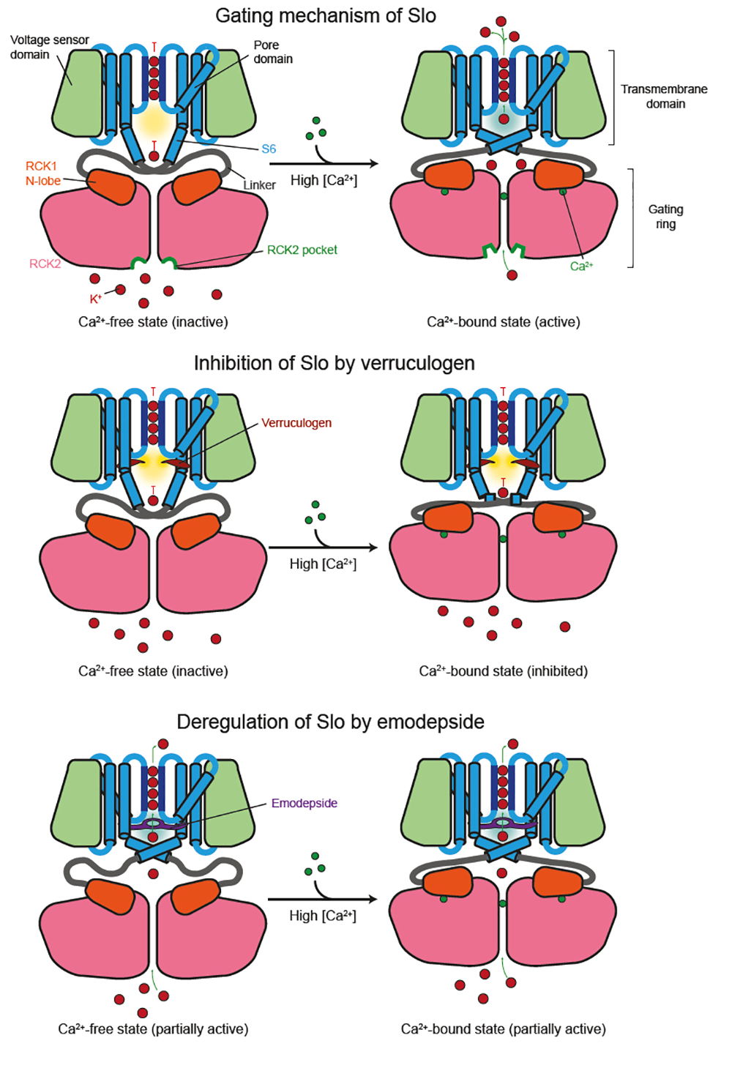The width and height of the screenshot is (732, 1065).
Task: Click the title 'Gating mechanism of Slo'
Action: click(x=325, y=15)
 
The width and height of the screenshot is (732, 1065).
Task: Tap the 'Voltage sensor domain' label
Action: click(x=49, y=47)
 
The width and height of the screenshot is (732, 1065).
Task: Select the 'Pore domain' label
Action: click(x=272, y=51)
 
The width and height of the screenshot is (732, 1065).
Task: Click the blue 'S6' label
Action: click(x=269, y=149)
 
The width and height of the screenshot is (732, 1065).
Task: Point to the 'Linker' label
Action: click(x=259, y=185)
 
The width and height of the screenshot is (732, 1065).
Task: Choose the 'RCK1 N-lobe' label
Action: click(x=42, y=173)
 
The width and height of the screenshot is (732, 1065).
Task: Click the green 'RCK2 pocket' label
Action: click(x=302, y=250)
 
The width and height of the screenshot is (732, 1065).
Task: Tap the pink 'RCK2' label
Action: click(x=45, y=264)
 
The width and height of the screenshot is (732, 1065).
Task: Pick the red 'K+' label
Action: click(x=95, y=299)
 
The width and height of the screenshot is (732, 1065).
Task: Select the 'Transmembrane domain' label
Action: click(x=664, y=96)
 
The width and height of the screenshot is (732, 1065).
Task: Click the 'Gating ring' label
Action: click(x=665, y=216)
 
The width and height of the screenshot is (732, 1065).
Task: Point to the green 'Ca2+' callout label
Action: click(x=581, y=266)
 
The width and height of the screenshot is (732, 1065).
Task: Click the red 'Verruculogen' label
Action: click(x=296, y=422)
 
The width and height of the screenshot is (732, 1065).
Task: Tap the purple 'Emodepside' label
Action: click(x=304, y=803)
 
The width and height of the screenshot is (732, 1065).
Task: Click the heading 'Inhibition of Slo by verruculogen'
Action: click(x=334, y=363)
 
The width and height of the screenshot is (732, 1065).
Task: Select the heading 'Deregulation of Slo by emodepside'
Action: click(x=330, y=722)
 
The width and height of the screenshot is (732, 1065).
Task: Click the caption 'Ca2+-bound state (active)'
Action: click(x=503, y=322)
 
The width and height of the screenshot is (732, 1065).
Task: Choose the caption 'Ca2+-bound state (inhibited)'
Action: click(x=503, y=671)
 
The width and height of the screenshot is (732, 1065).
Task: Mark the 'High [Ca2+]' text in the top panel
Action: click(x=324, y=180)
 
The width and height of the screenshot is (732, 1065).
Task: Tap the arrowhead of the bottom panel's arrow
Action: click(x=373, y=899)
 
